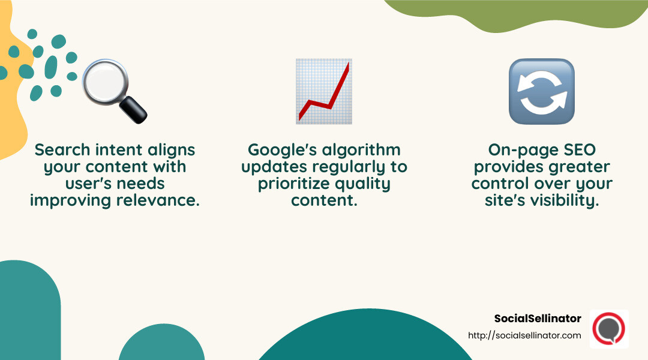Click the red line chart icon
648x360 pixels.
coord(323,91)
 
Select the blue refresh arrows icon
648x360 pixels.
coord(541,91)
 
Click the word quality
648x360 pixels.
coord(362,184)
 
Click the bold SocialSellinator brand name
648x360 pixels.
coord(538,319)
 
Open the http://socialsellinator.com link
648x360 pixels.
coord(524,335)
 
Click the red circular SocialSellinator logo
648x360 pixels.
coord(608,328)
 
